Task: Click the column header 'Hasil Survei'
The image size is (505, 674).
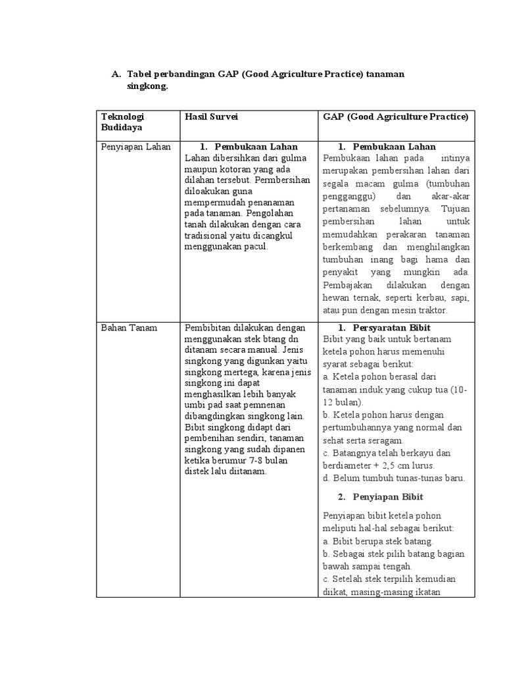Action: click(212, 117)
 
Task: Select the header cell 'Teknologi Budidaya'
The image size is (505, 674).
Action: click(124, 122)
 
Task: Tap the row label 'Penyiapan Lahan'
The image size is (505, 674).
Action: click(135, 147)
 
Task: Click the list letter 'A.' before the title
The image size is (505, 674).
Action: click(116, 74)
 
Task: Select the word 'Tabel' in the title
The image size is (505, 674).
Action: click(139, 74)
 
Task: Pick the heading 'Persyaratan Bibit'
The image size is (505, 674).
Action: click(391, 328)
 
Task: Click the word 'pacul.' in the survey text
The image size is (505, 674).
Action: click(255, 247)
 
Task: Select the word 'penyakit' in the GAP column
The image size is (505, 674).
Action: click(343, 272)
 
